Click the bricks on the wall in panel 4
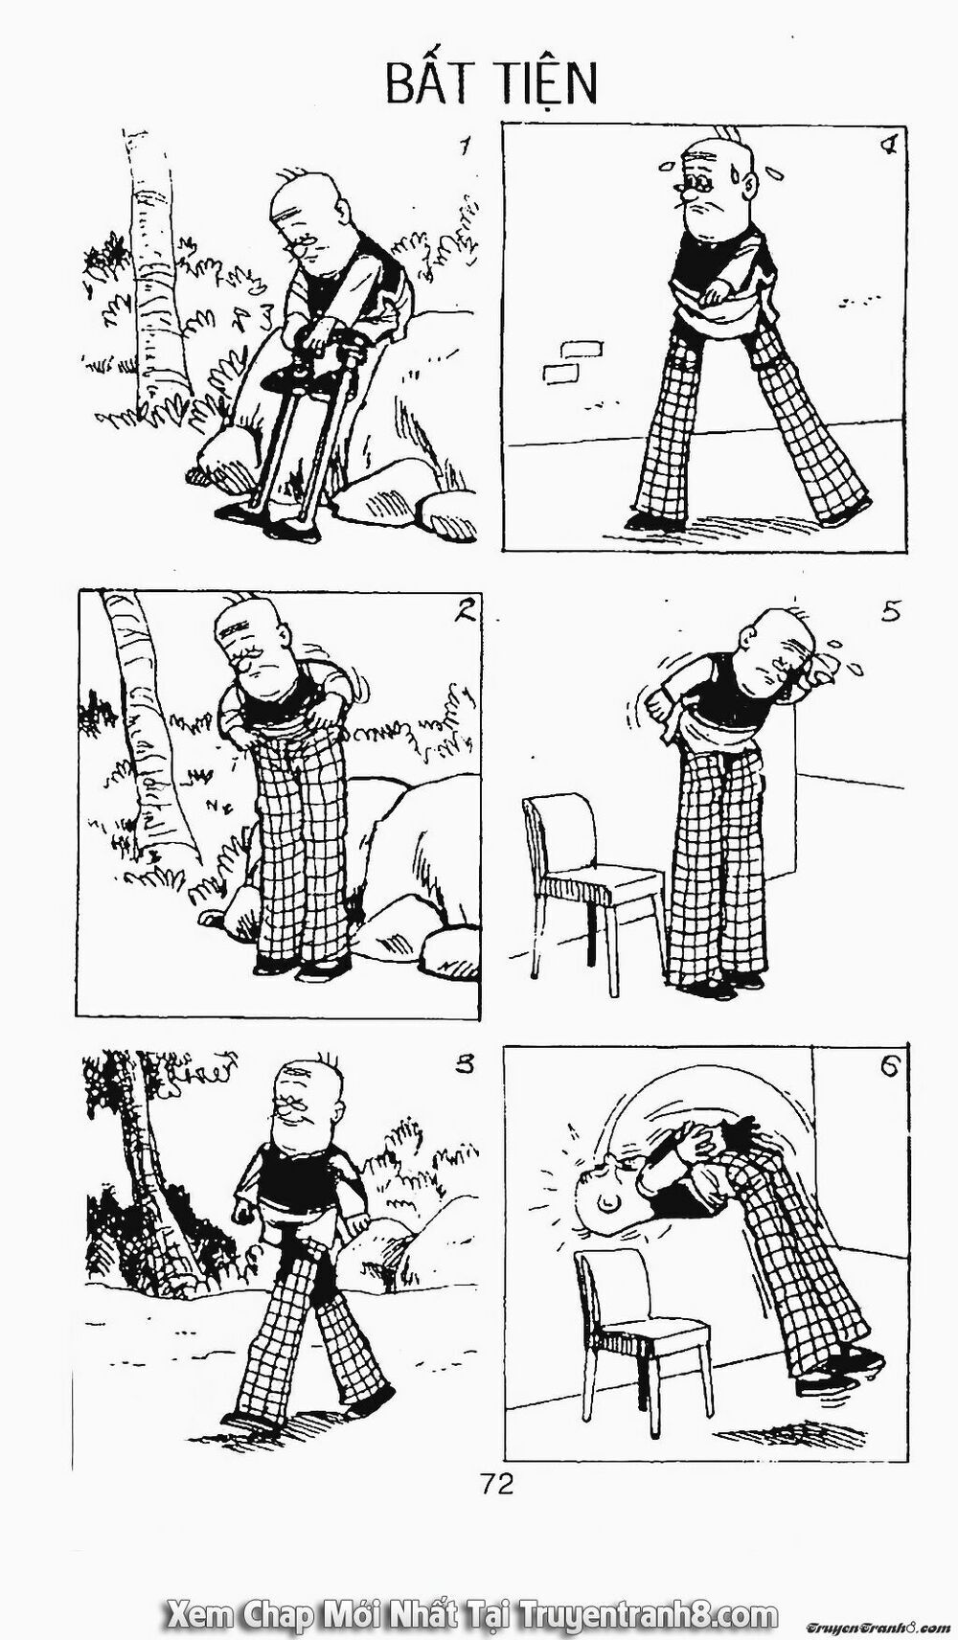(x=563, y=362)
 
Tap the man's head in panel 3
(x=308, y=1106)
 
